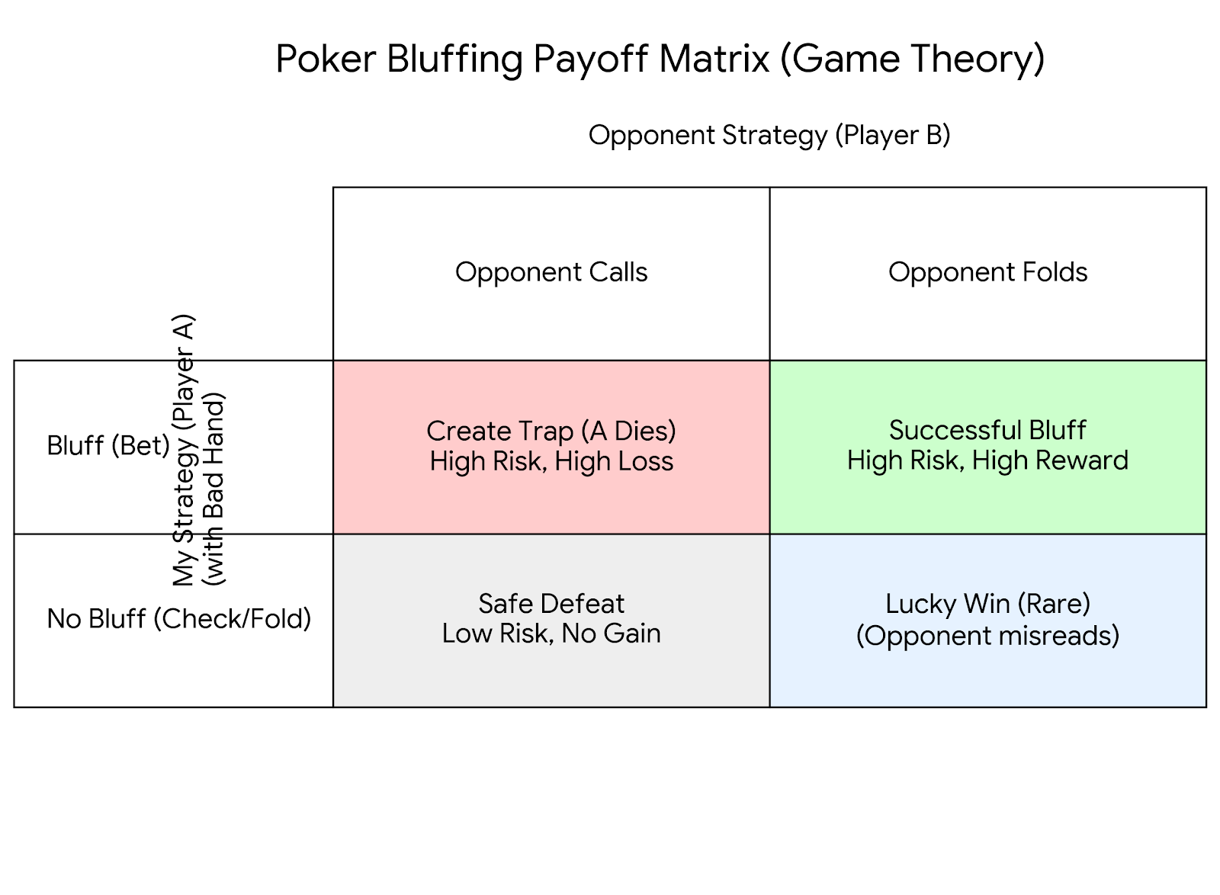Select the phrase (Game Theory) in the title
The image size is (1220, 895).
click(x=912, y=59)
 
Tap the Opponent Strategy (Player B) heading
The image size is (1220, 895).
click(x=769, y=135)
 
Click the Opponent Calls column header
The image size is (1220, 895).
click(x=551, y=272)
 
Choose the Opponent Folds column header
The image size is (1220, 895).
click(x=987, y=272)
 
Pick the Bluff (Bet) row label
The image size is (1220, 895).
click(x=108, y=445)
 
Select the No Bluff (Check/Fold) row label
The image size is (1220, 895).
click(x=179, y=618)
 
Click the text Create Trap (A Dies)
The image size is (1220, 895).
click(x=551, y=431)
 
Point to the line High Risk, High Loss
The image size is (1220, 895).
click(x=551, y=461)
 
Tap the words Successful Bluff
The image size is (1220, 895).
click(x=987, y=430)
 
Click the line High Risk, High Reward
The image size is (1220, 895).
click(x=987, y=460)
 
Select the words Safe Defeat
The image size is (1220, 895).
click(x=551, y=604)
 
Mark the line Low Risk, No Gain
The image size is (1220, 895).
click(x=551, y=634)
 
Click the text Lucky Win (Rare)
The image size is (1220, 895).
click(x=987, y=604)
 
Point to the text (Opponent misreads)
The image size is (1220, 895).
click(x=987, y=635)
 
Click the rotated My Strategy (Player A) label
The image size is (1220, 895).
click(x=184, y=450)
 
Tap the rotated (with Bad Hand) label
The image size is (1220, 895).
click(x=214, y=488)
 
